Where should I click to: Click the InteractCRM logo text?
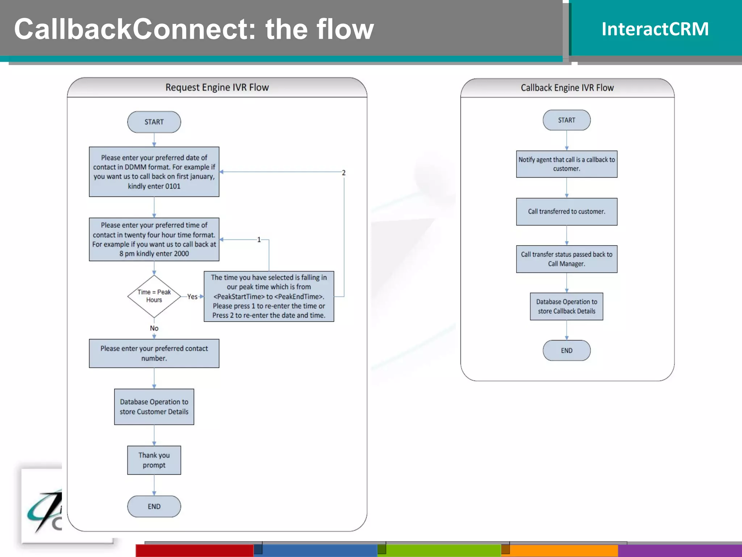pyautogui.click(x=655, y=29)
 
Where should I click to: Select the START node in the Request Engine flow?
pyautogui.click(x=154, y=122)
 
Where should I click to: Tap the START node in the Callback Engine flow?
pyautogui.click(x=566, y=120)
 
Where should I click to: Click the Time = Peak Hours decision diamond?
pyautogui.click(x=154, y=296)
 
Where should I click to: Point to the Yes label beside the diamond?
pyautogui.click(x=192, y=297)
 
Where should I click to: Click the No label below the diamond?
pyautogui.click(x=154, y=328)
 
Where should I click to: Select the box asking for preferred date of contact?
pyautogui.click(x=154, y=172)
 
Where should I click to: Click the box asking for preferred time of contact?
pyautogui.click(x=154, y=239)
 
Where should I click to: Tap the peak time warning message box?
pyautogui.click(x=269, y=296)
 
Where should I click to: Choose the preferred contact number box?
pyautogui.click(x=154, y=353)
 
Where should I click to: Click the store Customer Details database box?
pyautogui.click(x=154, y=407)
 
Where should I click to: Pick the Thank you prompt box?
pyautogui.click(x=154, y=460)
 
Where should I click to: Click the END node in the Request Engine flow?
pyautogui.click(x=154, y=506)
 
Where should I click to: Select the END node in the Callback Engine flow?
pyautogui.click(x=566, y=350)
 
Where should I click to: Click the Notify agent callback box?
pyautogui.click(x=566, y=164)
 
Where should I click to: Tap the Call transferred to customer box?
pyautogui.click(x=566, y=211)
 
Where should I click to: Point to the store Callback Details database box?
pyautogui.click(x=566, y=306)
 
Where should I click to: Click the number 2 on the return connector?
pyautogui.click(x=343, y=173)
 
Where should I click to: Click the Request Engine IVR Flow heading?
pyautogui.click(x=217, y=87)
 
